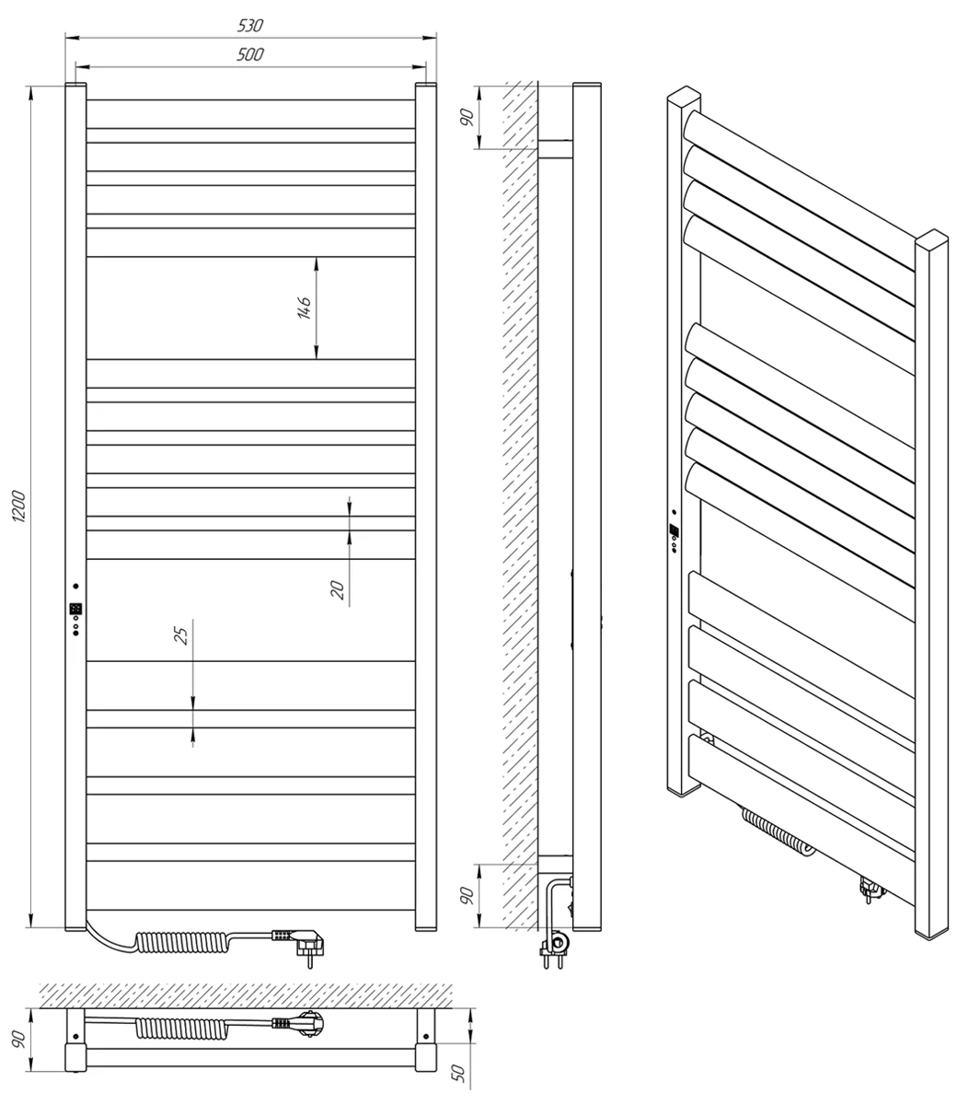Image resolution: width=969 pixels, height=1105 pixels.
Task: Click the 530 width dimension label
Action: point(250,26)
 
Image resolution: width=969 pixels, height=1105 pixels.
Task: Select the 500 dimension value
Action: point(250,54)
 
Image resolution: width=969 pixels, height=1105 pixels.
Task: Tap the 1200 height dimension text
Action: point(19,506)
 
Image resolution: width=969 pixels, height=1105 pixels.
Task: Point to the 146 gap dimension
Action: point(304,308)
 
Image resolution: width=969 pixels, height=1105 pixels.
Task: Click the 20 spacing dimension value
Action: point(338,590)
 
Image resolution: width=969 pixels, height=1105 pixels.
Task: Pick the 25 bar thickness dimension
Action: point(180,636)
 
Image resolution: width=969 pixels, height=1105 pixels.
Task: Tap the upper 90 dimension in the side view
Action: point(467,117)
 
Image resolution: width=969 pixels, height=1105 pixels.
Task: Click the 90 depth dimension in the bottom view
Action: point(19,1039)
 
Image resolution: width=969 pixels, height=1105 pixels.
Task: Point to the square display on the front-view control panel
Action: point(75,609)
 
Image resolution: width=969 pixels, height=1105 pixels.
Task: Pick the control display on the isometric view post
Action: point(675,529)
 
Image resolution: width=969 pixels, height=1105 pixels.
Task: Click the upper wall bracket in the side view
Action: point(555,149)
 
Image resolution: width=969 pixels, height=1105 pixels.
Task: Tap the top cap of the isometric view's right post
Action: point(932,238)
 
